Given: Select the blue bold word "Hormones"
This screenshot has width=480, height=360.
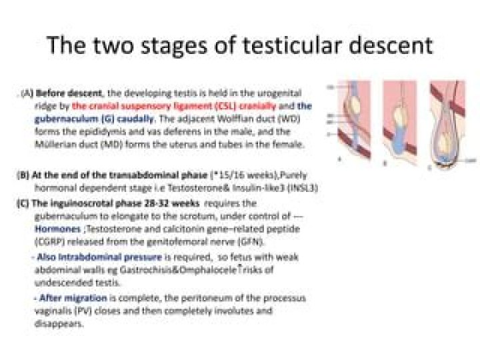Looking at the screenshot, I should pyautogui.click(x=57, y=227).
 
